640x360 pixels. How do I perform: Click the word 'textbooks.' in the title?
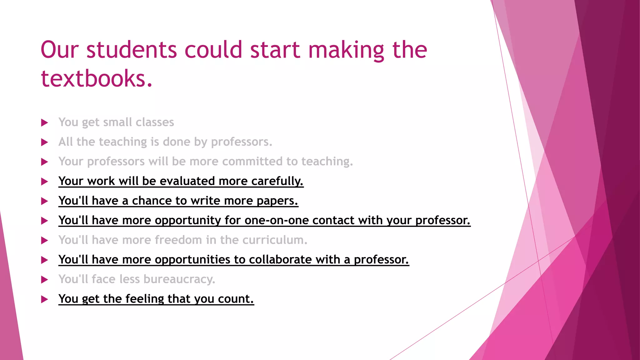point(97,78)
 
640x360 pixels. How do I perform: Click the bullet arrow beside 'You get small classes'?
point(45,123)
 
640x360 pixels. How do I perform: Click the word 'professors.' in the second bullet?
point(242,142)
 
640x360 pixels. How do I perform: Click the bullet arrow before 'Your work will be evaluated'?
point(45,182)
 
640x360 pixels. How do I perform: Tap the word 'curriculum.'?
point(275,240)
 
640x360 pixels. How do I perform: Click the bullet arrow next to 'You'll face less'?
point(45,280)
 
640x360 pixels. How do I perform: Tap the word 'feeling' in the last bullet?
point(145,299)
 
